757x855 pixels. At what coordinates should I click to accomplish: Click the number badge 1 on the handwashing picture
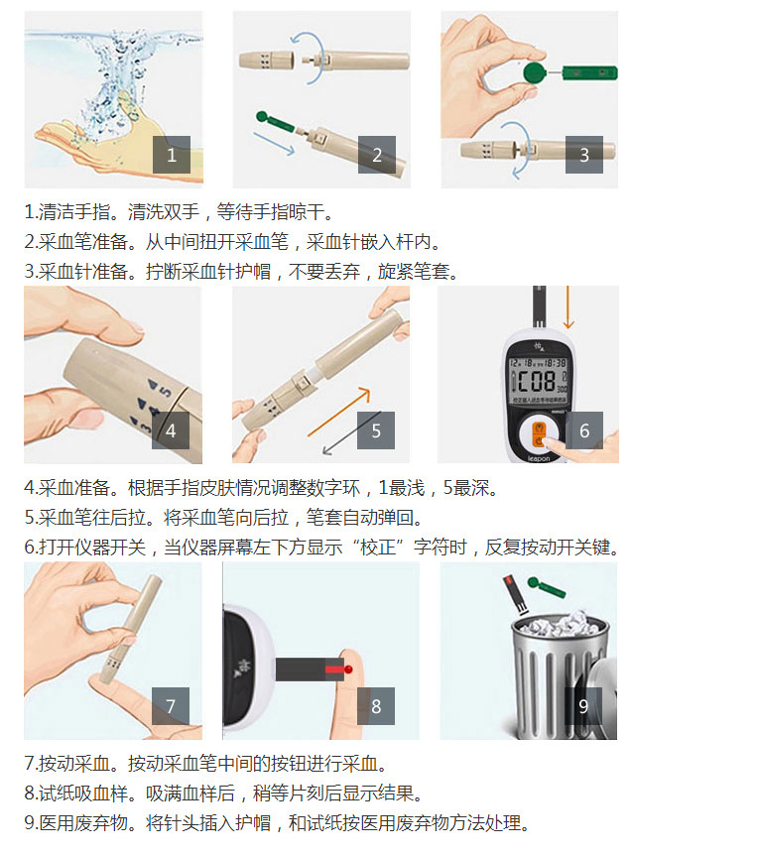[x=172, y=155]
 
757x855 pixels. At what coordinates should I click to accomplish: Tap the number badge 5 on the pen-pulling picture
[x=376, y=430]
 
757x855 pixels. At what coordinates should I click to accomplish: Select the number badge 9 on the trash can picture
[x=583, y=706]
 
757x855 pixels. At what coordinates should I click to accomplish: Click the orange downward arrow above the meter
[x=568, y=307]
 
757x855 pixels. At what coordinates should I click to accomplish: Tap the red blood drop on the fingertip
[x=348, y=670]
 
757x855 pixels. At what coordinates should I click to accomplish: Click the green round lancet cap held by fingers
[x=535, y=72]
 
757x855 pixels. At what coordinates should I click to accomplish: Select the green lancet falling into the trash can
[x=547, y=587]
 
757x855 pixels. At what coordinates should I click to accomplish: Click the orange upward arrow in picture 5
[x=338, y=412]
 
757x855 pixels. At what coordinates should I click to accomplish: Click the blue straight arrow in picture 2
[x=274, y=144]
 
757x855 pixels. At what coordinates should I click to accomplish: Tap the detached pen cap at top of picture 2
[x=267, y=60]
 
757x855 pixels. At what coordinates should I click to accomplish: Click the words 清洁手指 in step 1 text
[x=74, y=211]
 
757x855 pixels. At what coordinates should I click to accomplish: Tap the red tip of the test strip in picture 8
[x=334, y=670]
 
